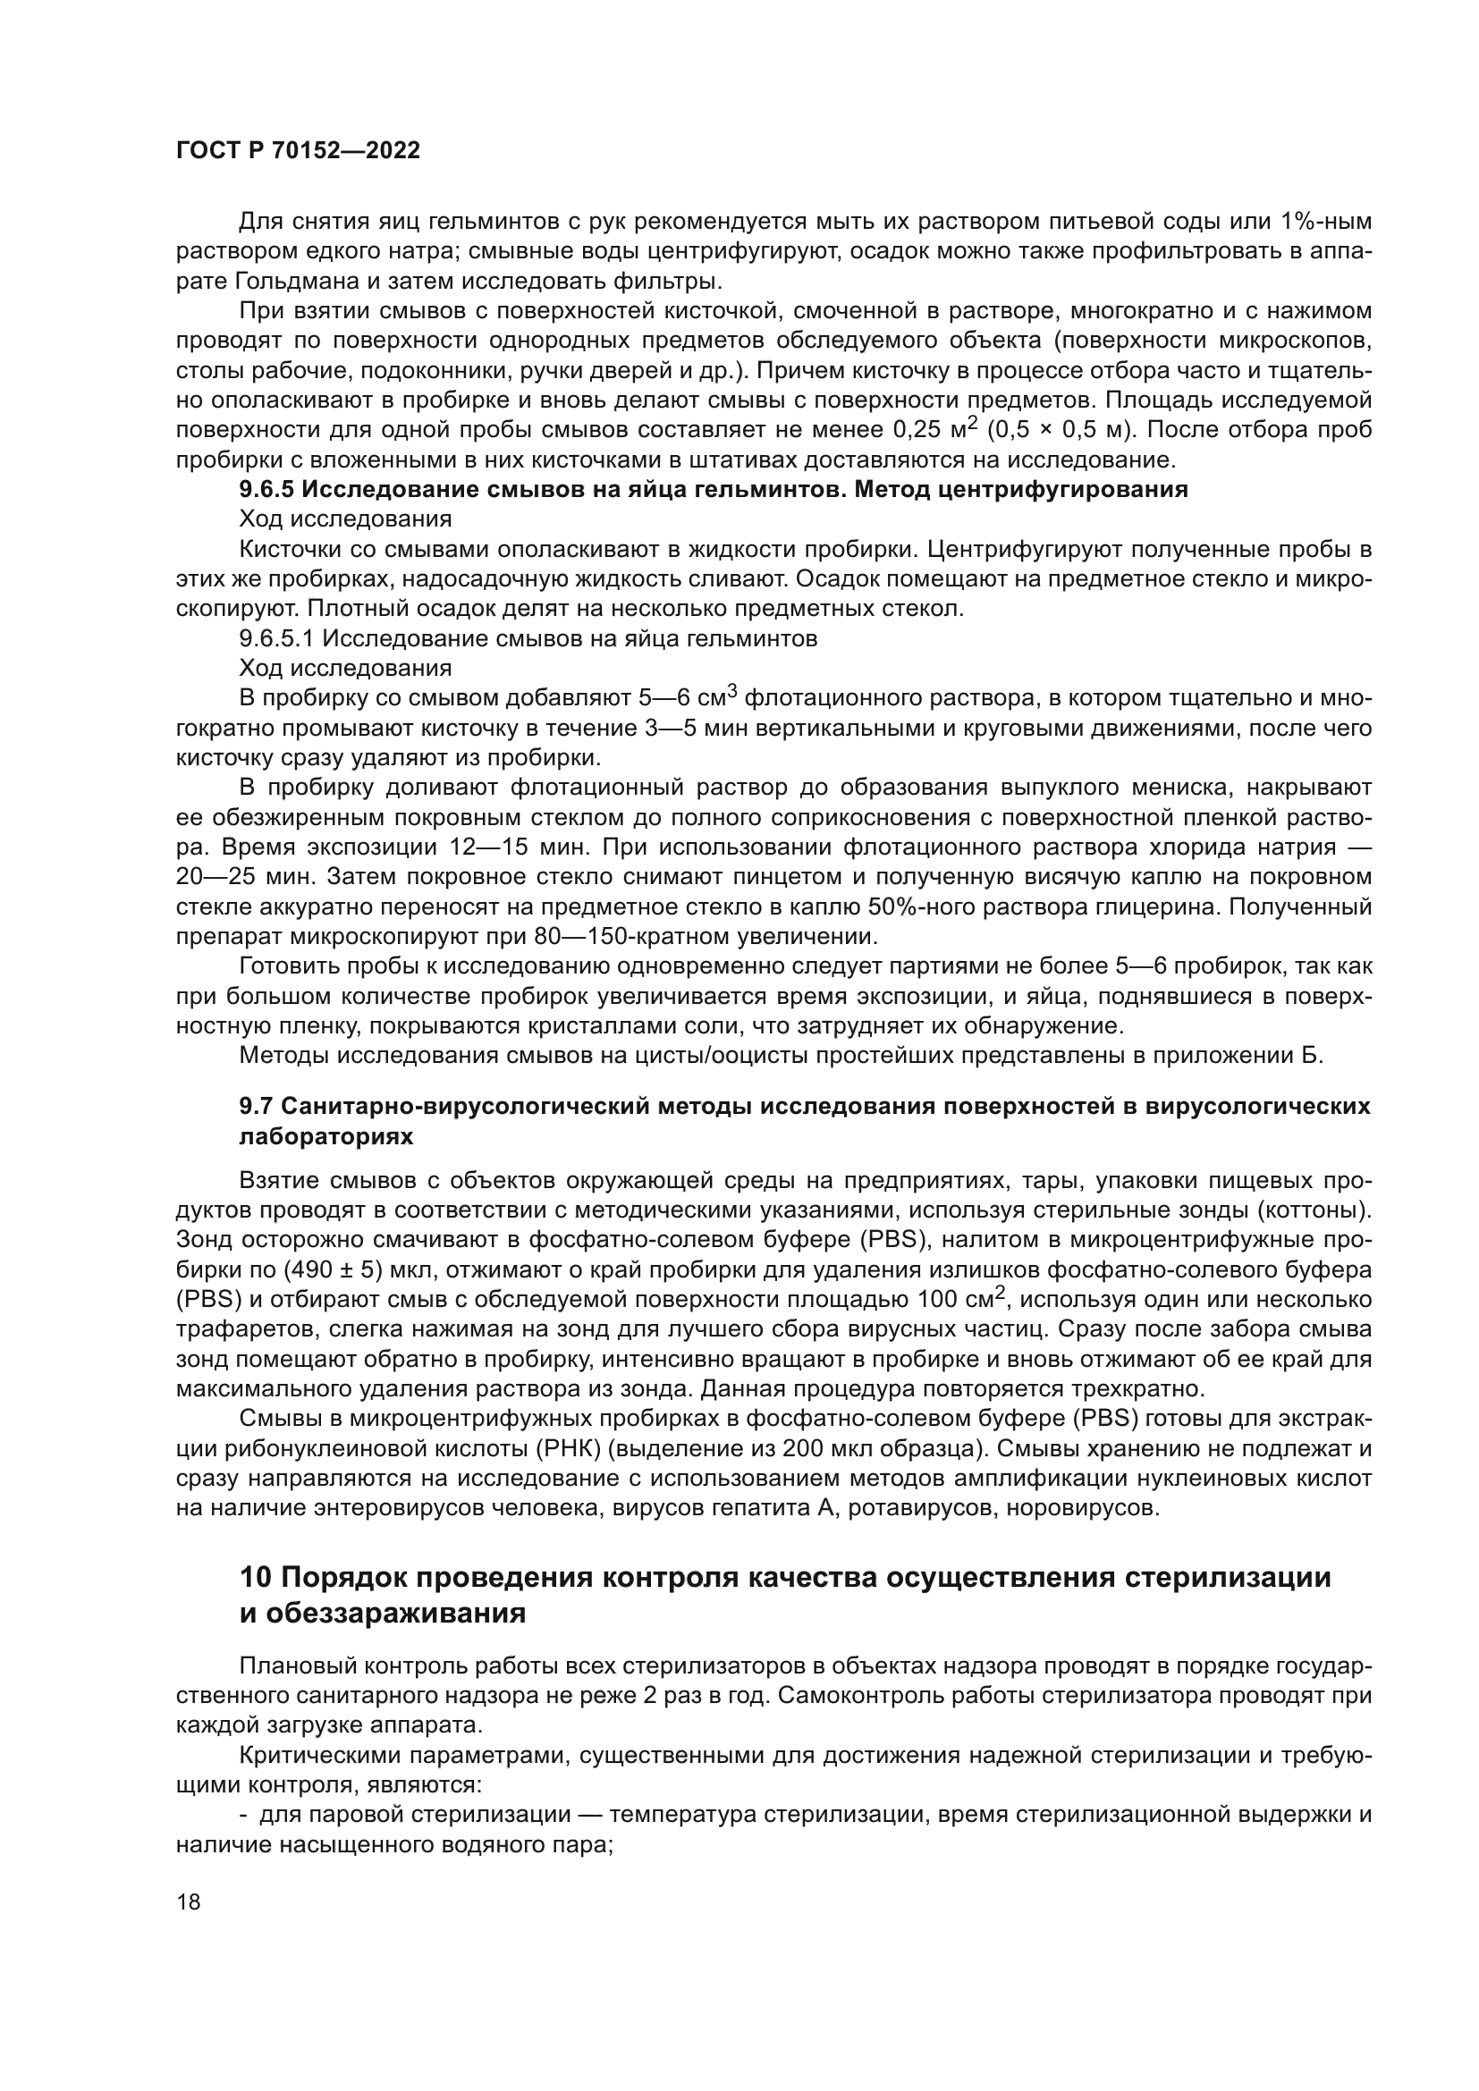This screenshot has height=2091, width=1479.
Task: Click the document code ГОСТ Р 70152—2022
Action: pos(298,151)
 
